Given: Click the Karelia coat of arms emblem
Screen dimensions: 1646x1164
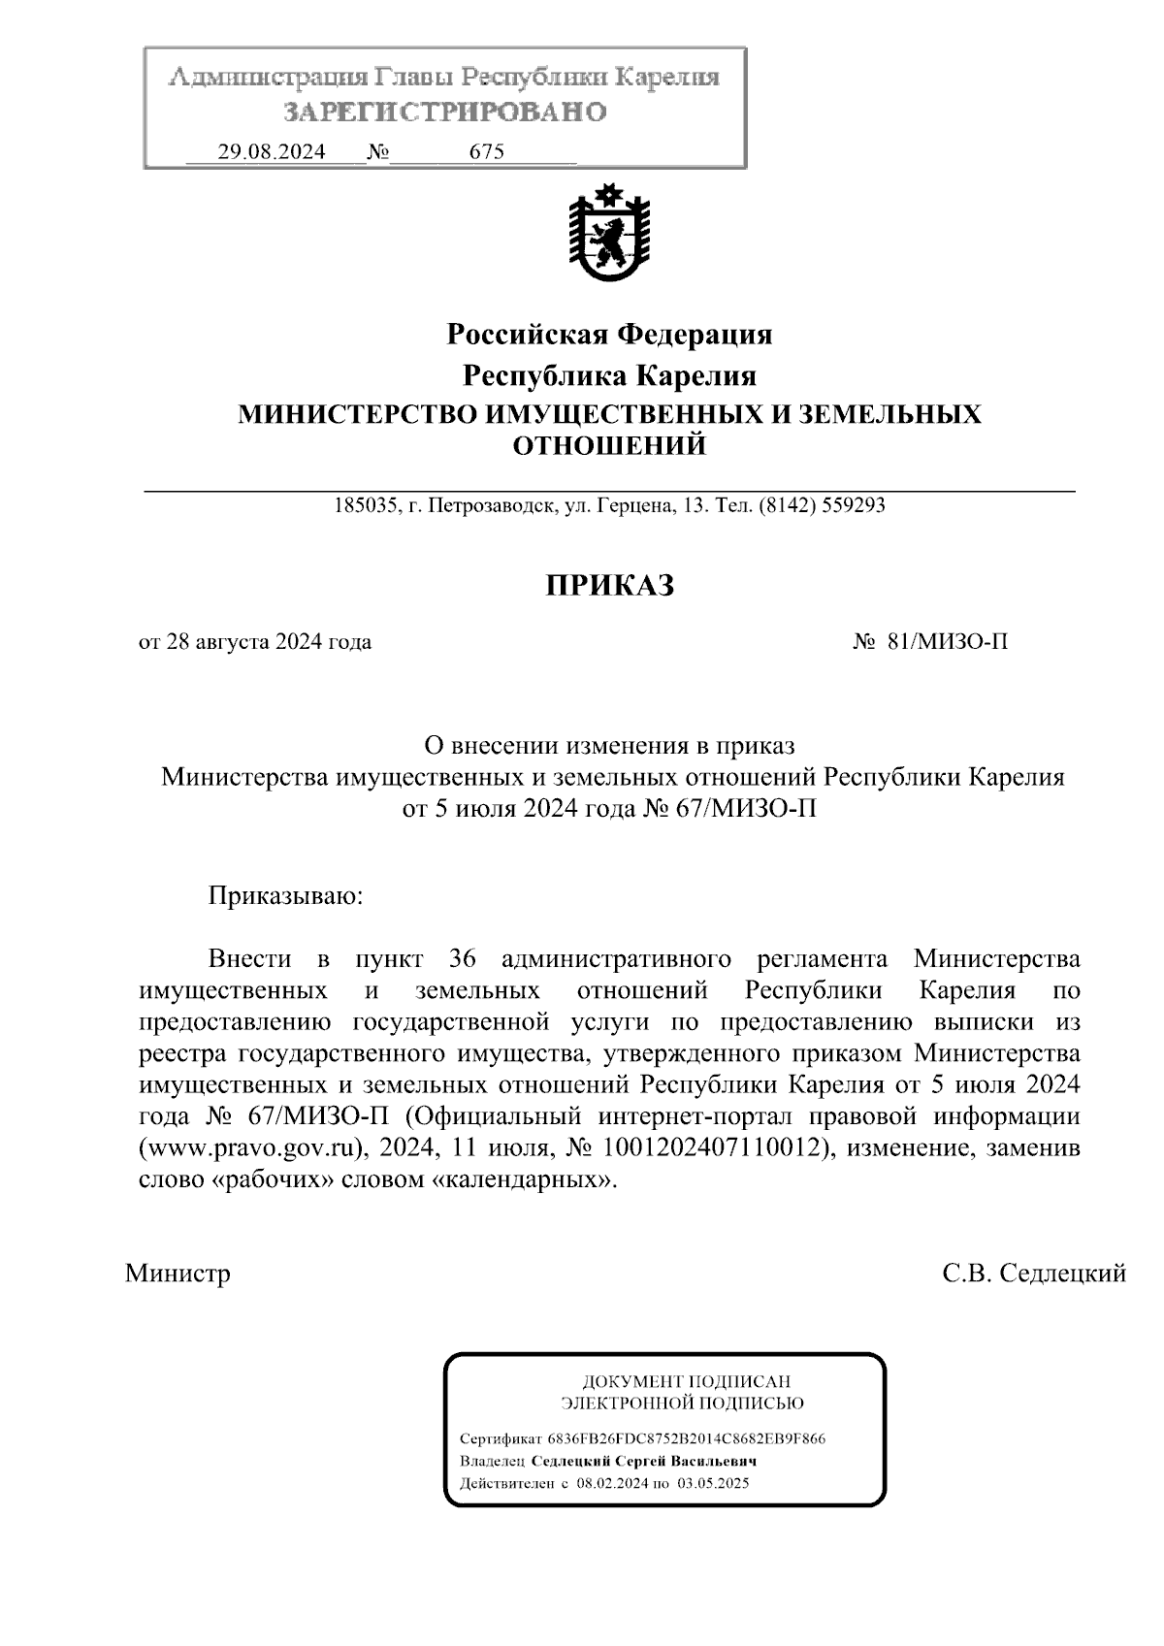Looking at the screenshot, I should pos(609,235).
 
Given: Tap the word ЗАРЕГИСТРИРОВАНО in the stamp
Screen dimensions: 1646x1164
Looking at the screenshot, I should pos(445,113).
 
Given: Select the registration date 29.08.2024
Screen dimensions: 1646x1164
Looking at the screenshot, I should pos(272,152).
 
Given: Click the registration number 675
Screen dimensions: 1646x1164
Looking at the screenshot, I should pos(486,152).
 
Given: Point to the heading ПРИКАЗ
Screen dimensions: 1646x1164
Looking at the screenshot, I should pos(609,586).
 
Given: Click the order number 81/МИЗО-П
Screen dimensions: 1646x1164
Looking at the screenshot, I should pos(947,642).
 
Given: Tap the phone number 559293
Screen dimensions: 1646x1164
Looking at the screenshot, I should pos(853,505).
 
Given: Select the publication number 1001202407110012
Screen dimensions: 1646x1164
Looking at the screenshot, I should pos(716,1149).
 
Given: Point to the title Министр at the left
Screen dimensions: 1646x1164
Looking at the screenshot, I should pos(178,1273).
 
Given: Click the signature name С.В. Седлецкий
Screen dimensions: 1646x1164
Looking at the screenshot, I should pos(1034,1273).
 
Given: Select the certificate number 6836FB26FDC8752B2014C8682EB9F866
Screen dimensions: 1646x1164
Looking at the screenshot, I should pos(686,1438).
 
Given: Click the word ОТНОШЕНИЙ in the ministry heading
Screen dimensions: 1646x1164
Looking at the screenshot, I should pos(609,446).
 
